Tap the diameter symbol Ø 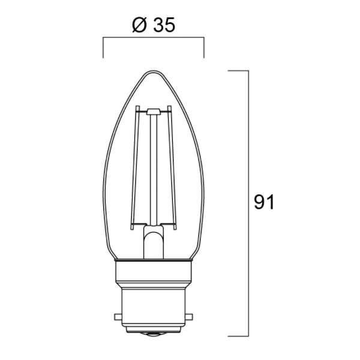pos(137,25)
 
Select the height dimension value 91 pos(264,202)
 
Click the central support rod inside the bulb pos(154,168)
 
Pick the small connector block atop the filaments pos(154,111)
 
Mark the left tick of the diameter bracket pos(104,49)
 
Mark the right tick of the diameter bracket pos(204,49)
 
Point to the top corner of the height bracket pos(248,71)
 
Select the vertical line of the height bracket pos(248,150)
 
